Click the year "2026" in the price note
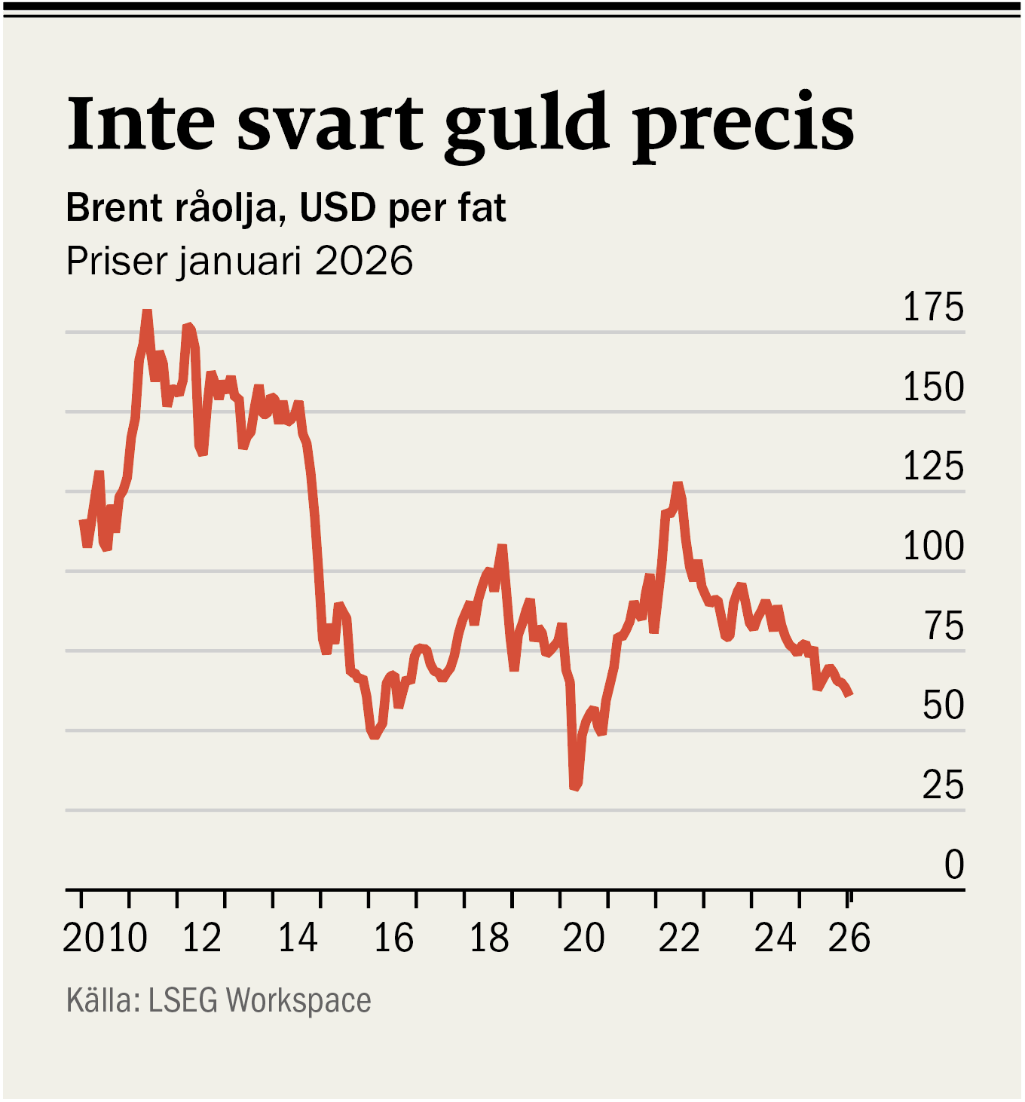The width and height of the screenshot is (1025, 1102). point(364,261)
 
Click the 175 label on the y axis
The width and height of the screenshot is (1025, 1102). point(933,308)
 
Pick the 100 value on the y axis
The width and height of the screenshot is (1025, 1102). point(933,546)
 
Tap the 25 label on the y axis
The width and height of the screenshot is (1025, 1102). point(943,785)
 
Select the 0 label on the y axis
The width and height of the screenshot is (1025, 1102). point(954,865)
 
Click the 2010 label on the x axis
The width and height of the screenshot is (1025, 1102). point(105,938)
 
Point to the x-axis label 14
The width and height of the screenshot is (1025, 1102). point(298,938)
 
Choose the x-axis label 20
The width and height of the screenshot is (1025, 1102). point(584,938)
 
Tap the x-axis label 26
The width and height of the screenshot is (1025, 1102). point(849,938)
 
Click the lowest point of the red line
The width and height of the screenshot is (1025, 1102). point(574,787)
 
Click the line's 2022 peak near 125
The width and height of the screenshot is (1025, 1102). point(678,485)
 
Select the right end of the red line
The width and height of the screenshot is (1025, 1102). point(849,693)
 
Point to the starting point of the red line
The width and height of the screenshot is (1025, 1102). point(82,522)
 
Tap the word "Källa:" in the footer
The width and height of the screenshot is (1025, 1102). point(103,1000)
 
